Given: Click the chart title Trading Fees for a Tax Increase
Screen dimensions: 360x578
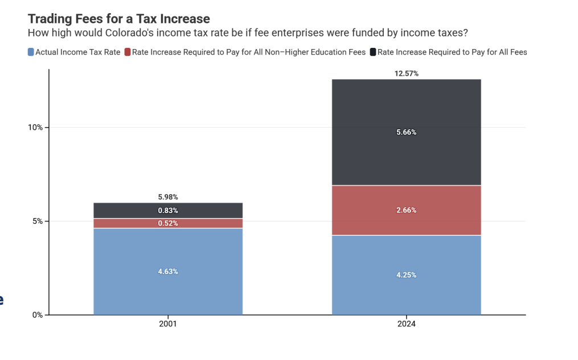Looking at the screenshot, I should pyautogui.click(x=118, y=19).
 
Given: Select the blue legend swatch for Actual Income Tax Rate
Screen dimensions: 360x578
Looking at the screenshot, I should pyautogui.click(x=31, y=52).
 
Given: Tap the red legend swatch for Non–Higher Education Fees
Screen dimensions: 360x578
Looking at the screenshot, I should pyautogui.click(x=128, y=52).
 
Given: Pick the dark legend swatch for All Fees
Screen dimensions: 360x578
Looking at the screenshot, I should pyautogui.click(x=373, y=52).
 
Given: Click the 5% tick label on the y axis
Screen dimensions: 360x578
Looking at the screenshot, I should pyautogui.click(x=37, y=222).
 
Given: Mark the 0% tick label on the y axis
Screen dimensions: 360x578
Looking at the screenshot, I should pyautogui.click(x=37, y=315).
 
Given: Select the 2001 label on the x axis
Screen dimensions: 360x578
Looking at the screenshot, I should pyautogui.click(x=168, y=324).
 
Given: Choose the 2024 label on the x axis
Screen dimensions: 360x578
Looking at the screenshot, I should pyautogui.click(x=407, y=324).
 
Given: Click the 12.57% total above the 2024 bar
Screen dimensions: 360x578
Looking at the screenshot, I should pyautogui.click(x=407, y=73).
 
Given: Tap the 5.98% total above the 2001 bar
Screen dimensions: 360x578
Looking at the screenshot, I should pyautogui.click(x=168, y=197).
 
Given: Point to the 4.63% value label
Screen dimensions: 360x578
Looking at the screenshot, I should pyautogui.click(x=168, y=272).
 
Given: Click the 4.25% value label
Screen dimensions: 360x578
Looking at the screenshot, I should pyautogui.click(x=407, y=275).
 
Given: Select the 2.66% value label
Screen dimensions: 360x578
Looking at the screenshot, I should pyautogui.click(x=407, y=210).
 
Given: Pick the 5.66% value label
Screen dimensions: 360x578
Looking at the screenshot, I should pyautogui.click(x=407, y=132).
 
